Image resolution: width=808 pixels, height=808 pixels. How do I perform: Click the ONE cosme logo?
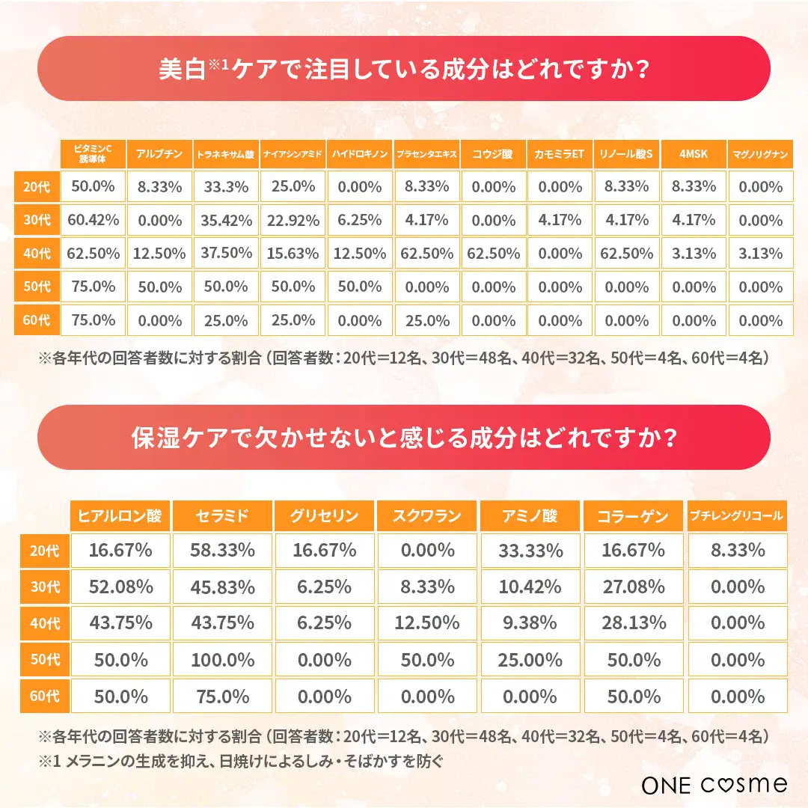714,784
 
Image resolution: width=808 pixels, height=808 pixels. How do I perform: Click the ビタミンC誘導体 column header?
93,153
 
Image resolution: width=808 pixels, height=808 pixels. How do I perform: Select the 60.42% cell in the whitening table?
93,220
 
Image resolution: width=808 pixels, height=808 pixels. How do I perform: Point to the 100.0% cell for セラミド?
222,660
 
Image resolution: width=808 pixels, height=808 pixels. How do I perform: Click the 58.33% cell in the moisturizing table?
222,551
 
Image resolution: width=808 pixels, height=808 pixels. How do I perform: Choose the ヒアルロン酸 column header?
120,515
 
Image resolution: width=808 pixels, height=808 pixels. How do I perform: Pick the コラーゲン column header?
633,515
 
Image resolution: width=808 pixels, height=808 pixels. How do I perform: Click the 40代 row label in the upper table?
36,254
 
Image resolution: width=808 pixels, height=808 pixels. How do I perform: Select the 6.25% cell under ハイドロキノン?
359,220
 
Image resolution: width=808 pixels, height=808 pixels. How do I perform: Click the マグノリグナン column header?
760,153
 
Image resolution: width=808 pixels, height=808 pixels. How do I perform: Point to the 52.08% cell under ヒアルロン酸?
120,587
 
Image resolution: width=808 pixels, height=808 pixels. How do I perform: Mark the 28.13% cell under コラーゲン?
633,623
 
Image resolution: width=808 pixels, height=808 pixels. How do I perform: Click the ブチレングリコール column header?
737,515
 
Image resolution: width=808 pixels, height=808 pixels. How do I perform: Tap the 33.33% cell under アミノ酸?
530,551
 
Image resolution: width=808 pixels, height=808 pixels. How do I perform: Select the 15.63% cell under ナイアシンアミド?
293,254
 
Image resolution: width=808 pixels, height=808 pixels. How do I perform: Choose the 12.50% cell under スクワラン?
427,623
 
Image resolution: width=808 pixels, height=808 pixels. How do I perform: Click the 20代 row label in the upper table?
36,186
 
